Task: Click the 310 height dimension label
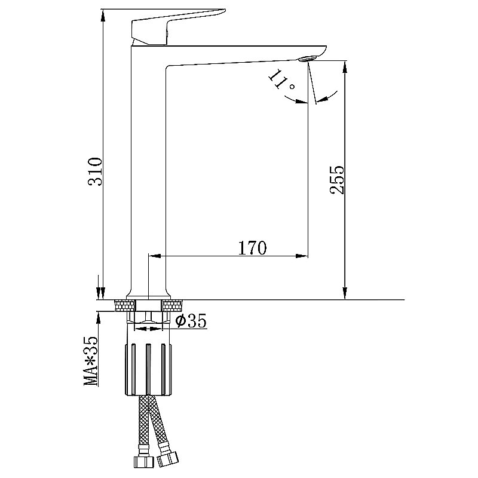[94, 171]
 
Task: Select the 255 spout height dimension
[337, 180]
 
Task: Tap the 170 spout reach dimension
[252, 248]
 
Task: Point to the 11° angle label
[281, 80]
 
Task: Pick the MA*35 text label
[91, 361]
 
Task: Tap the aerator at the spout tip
[308, 58]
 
